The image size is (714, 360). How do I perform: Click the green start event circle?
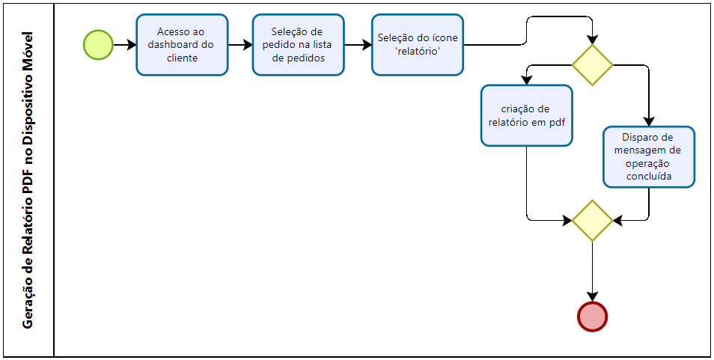[98, 45]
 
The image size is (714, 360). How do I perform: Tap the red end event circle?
[592, 317]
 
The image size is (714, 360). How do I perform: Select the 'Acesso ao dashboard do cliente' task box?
[182, 45]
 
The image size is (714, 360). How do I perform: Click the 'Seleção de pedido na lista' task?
[299, 45]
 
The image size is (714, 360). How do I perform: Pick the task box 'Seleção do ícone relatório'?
[417, 45]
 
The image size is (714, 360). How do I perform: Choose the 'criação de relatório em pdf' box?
[526, 115]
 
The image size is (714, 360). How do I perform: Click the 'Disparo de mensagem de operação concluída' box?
[649, 157]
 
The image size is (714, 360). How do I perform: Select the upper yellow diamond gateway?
[592, 65]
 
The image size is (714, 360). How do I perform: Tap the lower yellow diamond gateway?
[592, 221]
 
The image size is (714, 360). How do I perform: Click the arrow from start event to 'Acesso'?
[124, 45]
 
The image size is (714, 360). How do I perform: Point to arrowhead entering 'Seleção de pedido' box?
[248, 45]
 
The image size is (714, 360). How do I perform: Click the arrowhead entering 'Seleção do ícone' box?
[367, 45]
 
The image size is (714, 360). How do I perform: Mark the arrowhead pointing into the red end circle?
[592, 296]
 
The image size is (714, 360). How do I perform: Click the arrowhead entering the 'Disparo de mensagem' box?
[649, 121]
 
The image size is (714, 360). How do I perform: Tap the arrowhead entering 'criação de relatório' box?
[526, 80]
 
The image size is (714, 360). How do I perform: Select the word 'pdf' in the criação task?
[558, 123]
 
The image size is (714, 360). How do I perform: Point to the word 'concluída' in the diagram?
[649, 177]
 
